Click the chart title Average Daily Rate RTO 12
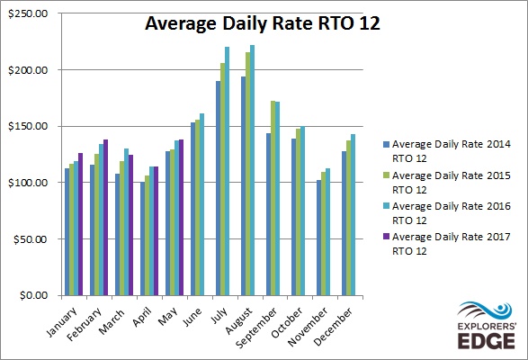click(x=263, y=23)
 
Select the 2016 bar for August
click(x=252, y=170)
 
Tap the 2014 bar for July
click(x=219, y=188)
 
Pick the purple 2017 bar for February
click(x=105, y=218)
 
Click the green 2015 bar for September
click(x=273, y=198)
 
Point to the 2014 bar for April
click(x=142, y=238)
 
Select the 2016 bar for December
click(x=353, y=215)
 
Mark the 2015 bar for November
click(x=324, y=234)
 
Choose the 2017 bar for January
click(x=80, y=224)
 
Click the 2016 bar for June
click(x=201, y=204)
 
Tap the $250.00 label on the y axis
click(x=28, y=13)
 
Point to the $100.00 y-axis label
click(x=28, y=183)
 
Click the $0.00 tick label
click(x=33, y=295)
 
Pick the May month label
click(x=168, y=317)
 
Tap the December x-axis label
click(x=334, y=327)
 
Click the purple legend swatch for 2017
click(x=386, y=237)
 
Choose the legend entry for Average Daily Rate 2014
click(x=447, y=151)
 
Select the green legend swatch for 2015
click(x=386, y=175)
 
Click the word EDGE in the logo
click(x=487, y=341)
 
